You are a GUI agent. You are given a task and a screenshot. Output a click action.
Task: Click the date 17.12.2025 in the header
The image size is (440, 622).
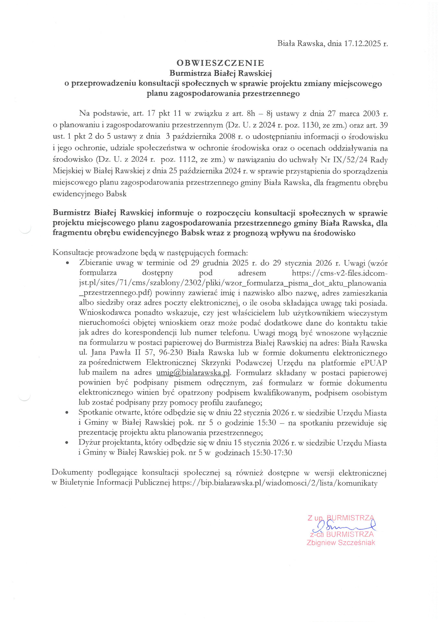(x=363, y=44)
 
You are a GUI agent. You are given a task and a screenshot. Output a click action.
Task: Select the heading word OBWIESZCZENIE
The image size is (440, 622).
(x=220, y=63)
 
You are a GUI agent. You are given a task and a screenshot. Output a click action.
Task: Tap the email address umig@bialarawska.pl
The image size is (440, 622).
(x=193, y=373)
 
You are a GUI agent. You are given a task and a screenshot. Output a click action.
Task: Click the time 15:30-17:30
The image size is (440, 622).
(x=272, y=453)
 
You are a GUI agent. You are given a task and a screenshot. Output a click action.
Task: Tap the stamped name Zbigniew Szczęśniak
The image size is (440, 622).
(x=341, y=543)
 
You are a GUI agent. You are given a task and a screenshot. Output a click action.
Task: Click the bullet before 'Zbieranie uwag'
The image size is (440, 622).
(x=67, y=263)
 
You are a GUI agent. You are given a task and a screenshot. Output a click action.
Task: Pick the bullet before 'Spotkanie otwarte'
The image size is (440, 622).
(x=67, y=413)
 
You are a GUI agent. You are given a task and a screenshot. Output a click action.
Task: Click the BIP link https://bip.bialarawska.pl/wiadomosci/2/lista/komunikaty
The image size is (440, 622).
(x=275, y=483)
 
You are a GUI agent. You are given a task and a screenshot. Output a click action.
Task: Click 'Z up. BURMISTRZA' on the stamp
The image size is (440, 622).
(x=341, y=518)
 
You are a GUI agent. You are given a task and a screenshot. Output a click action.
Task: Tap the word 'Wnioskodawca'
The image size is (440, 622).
(x=105, y=313)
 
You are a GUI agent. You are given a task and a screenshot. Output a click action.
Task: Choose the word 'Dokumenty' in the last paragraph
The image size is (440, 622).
(x=72, y=473)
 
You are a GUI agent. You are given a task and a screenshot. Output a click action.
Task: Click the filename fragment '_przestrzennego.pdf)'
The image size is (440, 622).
(x=115, y=293)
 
